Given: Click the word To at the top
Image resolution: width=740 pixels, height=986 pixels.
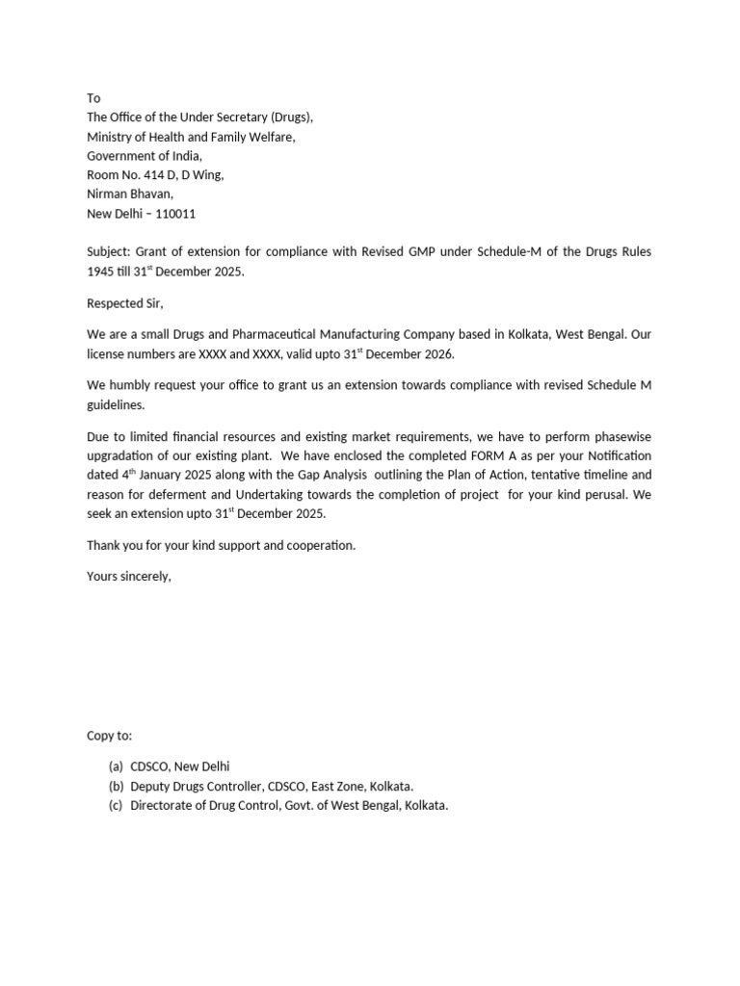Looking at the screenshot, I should (93, 98).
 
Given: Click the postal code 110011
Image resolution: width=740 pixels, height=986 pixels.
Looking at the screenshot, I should (174, 214).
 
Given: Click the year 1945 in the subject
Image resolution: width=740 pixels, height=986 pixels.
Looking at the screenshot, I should (101, 272).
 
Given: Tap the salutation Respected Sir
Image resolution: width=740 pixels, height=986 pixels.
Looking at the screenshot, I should (125, 304).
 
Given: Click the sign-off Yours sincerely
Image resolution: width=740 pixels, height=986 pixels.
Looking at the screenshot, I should (129, 577).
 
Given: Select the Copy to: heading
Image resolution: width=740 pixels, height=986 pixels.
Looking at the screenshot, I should (110, 736).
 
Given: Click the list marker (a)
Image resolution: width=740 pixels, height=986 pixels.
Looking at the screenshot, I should (116, 766).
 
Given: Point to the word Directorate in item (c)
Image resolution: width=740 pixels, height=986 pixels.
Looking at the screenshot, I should (164, 805).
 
